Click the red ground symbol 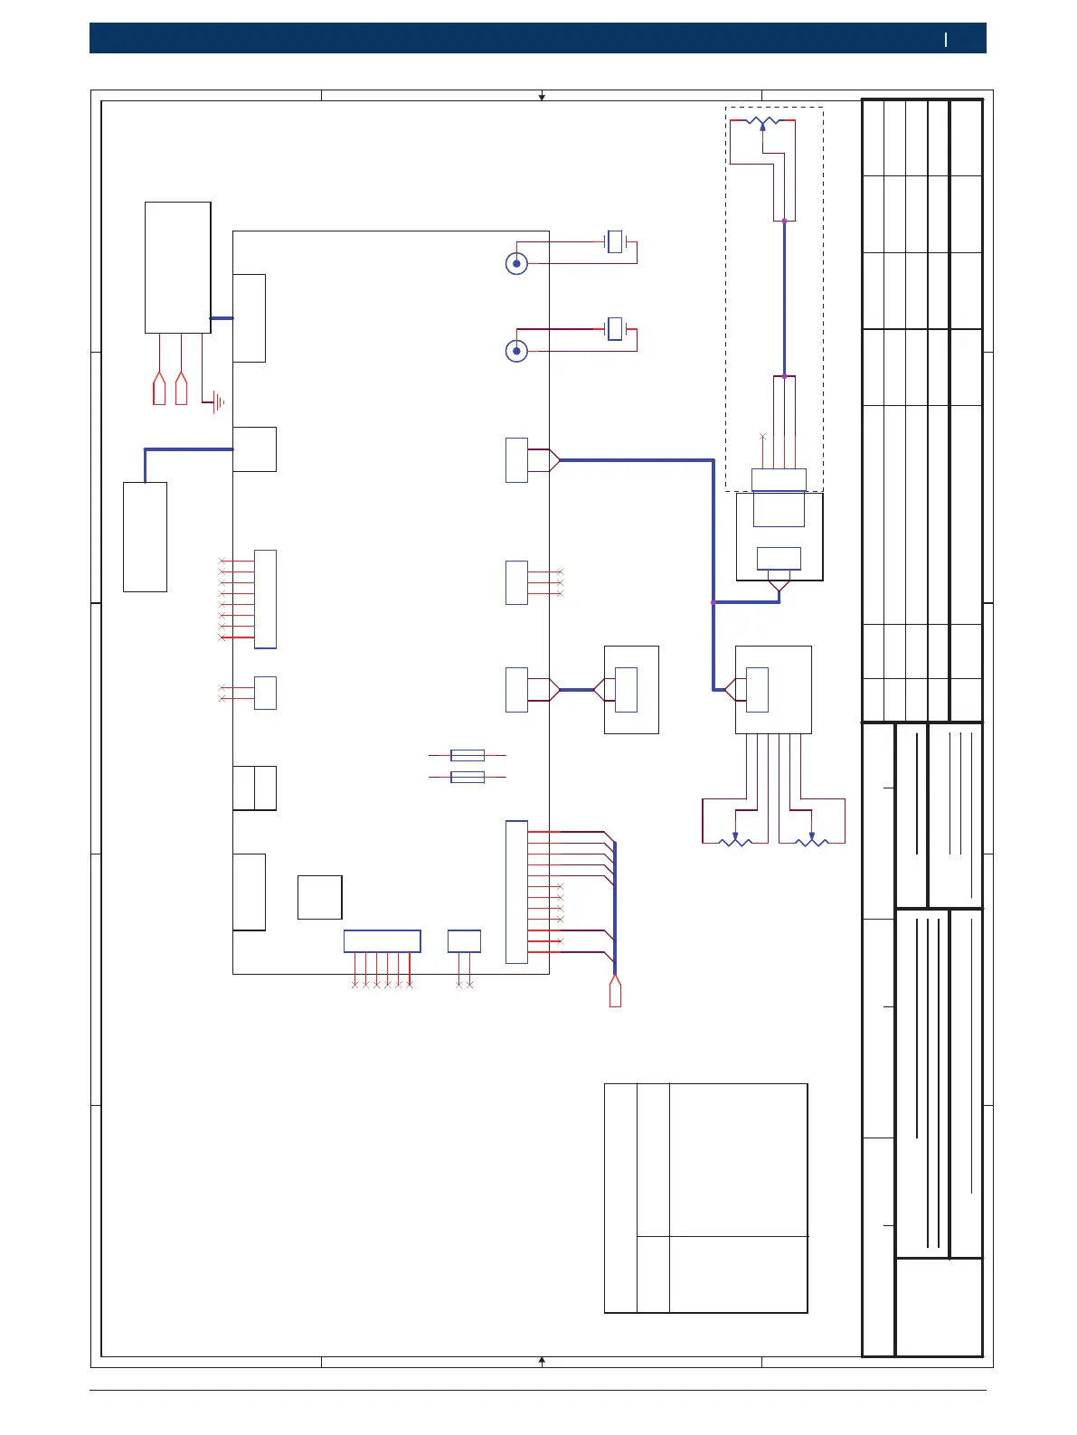click(217, 403)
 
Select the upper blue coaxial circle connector click(516, 264)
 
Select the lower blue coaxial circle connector click(516, 351)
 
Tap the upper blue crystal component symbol click(616, 241)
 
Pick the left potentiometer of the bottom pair click(735, 842)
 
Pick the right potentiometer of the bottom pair click(811, 842)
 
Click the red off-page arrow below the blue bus click(615, 992)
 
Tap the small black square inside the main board click(319, 897)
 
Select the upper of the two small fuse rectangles click(467, 755)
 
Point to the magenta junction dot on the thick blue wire click(713, 602)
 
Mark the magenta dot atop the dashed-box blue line click(784, 221)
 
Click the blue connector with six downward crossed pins click(382, 941)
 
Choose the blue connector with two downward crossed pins click(464, 941)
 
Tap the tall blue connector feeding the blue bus click(516, 892)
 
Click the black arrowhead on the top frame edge click(542, 97)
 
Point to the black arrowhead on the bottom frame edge click(542, 1359)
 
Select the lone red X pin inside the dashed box click(762, 437)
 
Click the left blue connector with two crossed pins click(265, 693)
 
